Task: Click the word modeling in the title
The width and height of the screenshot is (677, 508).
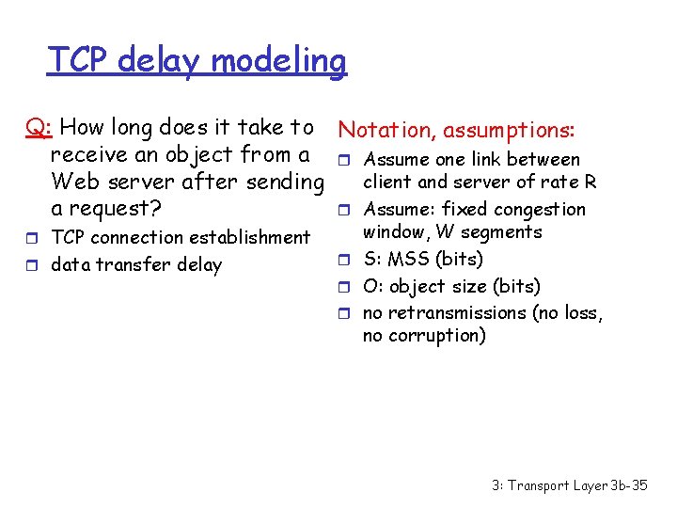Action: (x=278, y=61)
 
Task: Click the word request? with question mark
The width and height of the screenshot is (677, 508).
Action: (x=117, y=207)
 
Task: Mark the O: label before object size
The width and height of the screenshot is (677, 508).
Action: (x=373, y=286)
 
